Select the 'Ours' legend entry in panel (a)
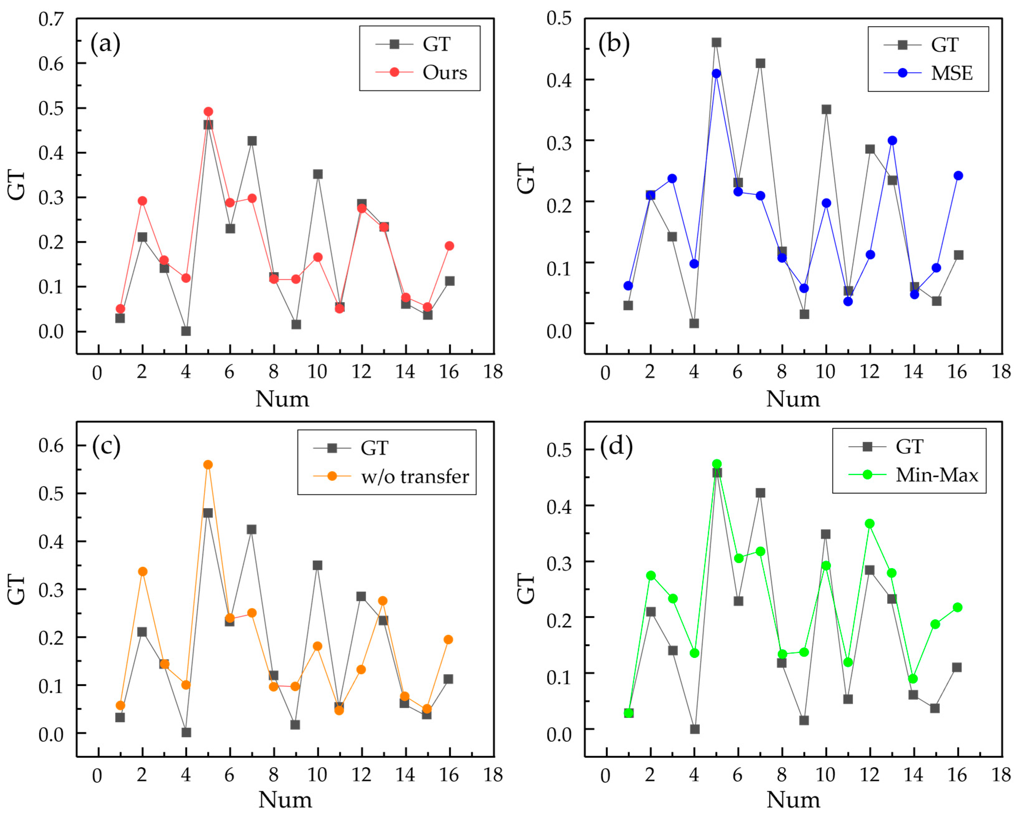tap(444, 73)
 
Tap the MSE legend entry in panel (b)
tap(951, 73)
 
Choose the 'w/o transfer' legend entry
tap(415, 477)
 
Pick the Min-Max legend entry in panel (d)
tap(937, 475)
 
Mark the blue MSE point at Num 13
tap(892, 140)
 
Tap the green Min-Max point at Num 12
tap(870, 523)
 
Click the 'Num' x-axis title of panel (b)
tap(793, 399)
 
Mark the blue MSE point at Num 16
tap(958, 176)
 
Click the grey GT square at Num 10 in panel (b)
tap(826, 110)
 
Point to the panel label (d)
tap(616, 447)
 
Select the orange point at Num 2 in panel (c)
tap(142, 571)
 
